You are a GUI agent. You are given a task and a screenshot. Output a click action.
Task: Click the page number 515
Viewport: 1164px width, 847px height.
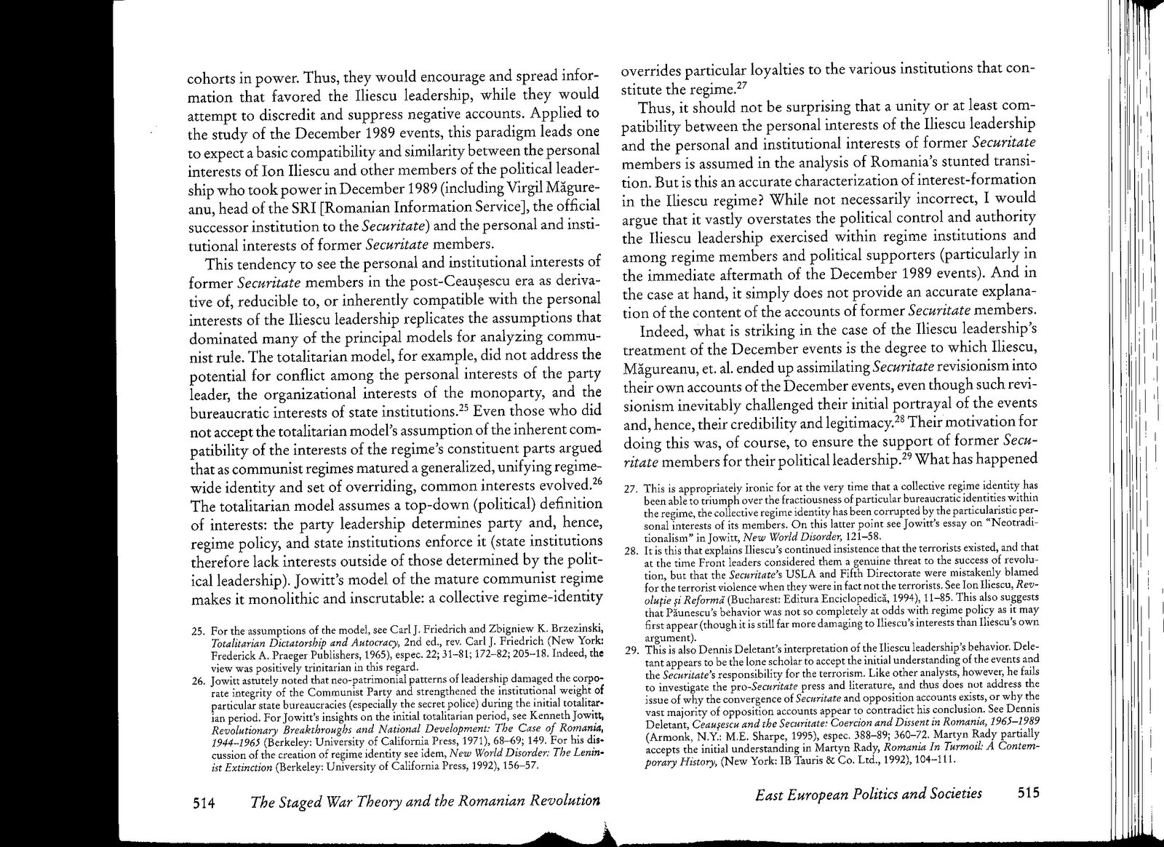tap(1024, 793)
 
